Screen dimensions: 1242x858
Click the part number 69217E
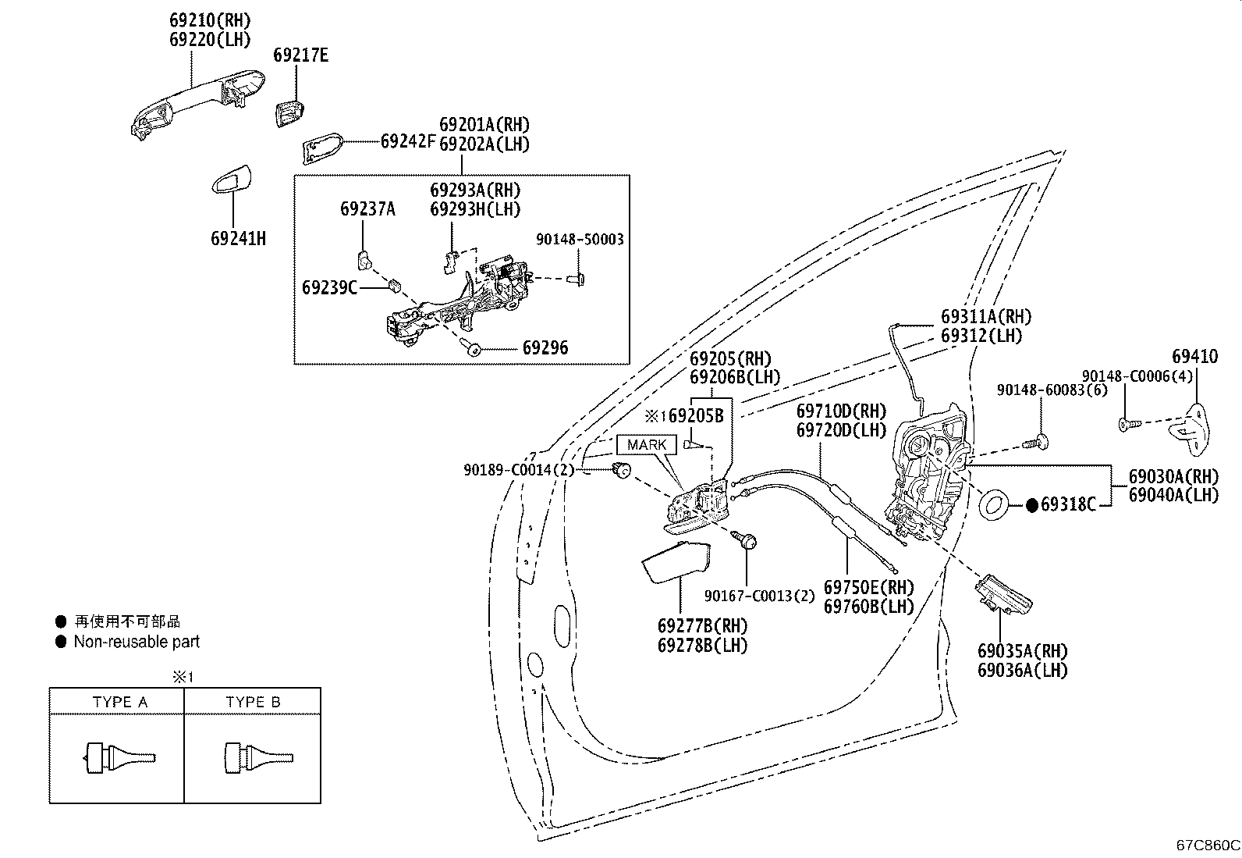point(300,55)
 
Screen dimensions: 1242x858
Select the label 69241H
point(239,239)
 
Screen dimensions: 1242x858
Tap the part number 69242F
point(408,141)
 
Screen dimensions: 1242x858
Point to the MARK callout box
point(647,444)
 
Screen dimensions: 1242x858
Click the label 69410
point(1195,356)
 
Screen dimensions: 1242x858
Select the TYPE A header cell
point(116,701)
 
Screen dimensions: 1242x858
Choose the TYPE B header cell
point(253,701)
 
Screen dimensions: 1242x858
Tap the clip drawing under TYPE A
point(119,757)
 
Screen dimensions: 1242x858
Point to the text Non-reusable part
point(137,642)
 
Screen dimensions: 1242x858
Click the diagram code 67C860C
point(1208,846)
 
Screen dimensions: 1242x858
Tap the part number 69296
point(545,348)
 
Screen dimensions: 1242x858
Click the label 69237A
point(367,209)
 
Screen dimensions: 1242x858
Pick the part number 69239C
point(329,287)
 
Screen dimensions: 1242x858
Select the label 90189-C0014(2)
point(519,470)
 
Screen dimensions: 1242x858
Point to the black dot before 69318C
point(1031,505)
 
